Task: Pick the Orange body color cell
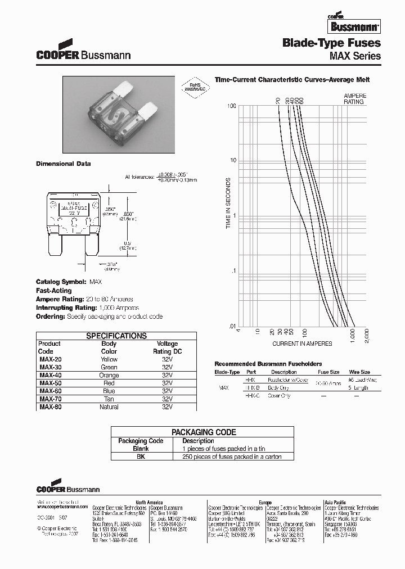[x=109, y=375]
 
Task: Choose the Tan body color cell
[x=109, y=399]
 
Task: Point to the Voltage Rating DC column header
[x=167, y=347]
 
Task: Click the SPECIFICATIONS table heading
[x=116, y=336]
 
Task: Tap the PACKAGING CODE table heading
[x=204, y=432]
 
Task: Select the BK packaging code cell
[x=141, y=457]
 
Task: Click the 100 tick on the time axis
[x=231, y=106]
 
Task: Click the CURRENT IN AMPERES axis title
[x=302, y=344]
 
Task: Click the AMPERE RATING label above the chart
[x=354, y=99]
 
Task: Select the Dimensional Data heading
[x=64, y=164]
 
